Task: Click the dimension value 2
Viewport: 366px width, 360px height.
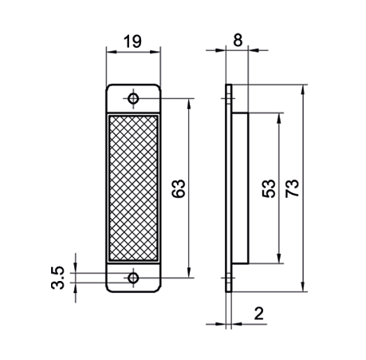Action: pyautogui.click(x=258, y=314)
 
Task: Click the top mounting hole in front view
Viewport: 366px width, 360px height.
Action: pyautogui.click(x=133, y=98)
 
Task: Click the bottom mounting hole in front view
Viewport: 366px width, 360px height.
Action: pyautogui.click(x=133, y=279)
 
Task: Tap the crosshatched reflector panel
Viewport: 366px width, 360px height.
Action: pyautogui.click(x=133, y=188)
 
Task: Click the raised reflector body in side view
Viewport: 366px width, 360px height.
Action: pyautogui.click(x=242, y=188)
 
